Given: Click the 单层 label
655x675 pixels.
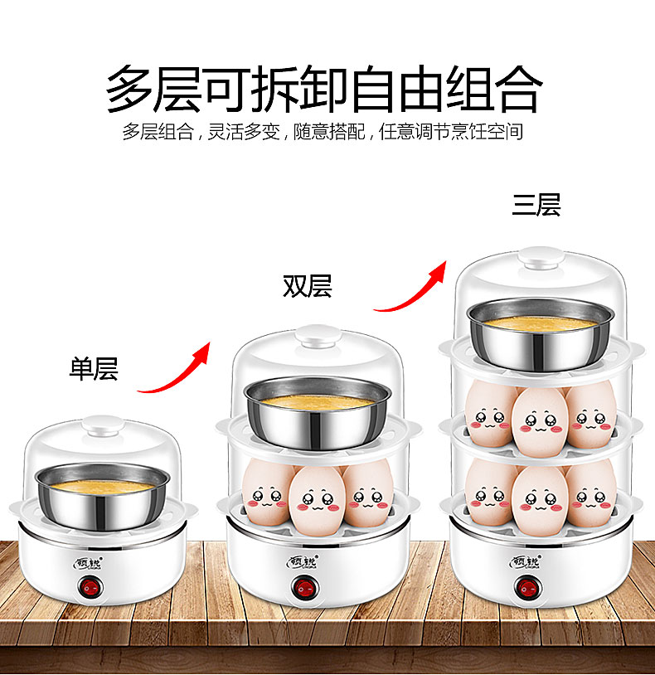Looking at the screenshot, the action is [x=94, y=369].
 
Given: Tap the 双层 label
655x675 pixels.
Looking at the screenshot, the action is [x=308, y=286].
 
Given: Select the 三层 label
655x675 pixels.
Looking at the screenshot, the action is [x=536, y=205].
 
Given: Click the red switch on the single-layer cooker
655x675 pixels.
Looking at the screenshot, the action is [x=91, y=588].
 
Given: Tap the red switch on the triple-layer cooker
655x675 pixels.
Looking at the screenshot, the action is [x=527, y=588].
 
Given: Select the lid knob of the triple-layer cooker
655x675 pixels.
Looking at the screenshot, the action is [x=541, y=258].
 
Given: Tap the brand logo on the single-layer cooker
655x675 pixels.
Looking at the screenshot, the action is [x=88, y=563].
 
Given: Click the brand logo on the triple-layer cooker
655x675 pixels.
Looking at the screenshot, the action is [x=526, y=561].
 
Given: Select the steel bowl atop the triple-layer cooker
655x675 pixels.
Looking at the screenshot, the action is [x=541, y=333].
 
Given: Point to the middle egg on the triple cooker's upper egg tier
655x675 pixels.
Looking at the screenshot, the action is [x=540, y=421].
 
